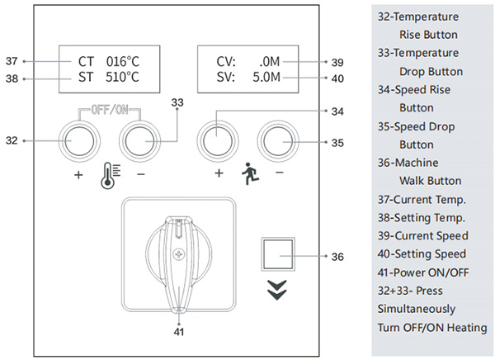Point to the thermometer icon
click(107, 176)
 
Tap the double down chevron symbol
click(277, 287)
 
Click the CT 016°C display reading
click(108, 61)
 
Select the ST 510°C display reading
click(108, 78)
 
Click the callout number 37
click(12, 61)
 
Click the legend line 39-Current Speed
click(422, 236)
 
